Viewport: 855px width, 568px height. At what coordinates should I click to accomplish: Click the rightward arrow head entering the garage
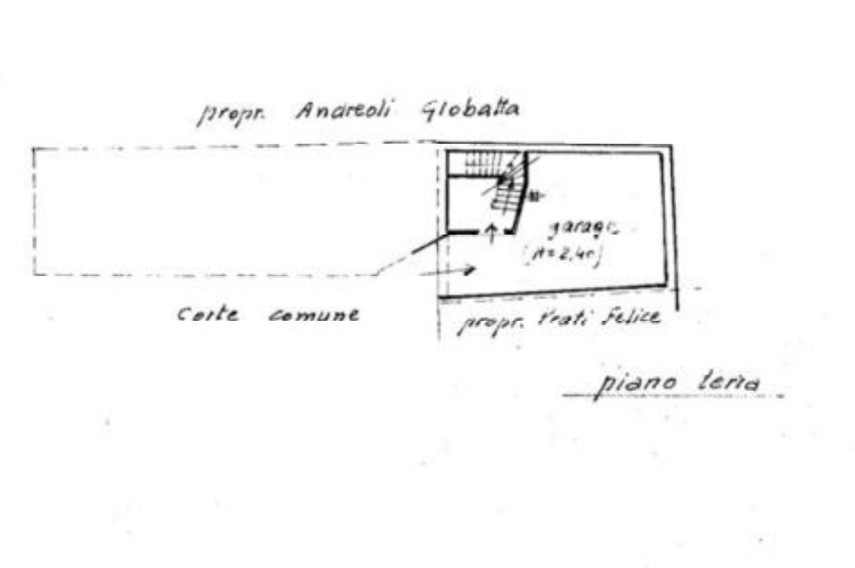473,268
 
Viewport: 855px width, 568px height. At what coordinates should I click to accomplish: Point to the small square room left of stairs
464,203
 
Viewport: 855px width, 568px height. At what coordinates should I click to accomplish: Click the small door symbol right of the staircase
538,195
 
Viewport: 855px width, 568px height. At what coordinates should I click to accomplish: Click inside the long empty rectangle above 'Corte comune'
207,211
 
